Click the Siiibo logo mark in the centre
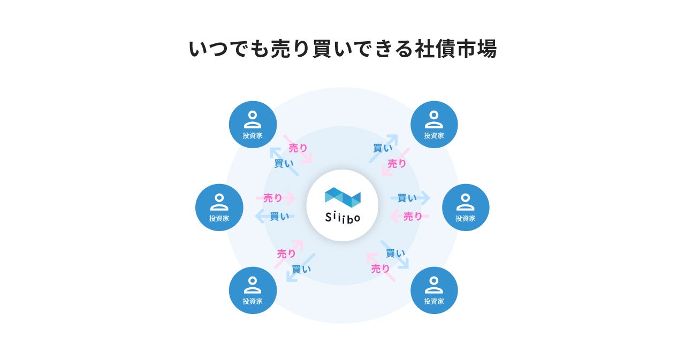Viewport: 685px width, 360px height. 342,197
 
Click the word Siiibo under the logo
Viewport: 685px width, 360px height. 342,218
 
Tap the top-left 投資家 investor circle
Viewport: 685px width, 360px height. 253,125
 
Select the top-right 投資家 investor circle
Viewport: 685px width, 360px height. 434,125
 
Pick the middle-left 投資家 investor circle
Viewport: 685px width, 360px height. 219,208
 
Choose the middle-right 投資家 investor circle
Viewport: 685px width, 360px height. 466,208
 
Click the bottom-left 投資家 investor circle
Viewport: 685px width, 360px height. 253,290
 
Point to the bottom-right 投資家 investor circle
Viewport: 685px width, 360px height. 434,290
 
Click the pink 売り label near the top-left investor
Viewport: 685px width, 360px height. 298,148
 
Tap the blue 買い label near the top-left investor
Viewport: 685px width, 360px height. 284,164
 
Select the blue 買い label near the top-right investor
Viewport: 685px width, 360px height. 383,148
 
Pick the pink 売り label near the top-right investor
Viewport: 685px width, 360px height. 397,164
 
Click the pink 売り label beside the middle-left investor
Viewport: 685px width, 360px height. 273,198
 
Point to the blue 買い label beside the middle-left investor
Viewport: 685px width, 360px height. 279,216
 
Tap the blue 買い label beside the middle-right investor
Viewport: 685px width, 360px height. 407,198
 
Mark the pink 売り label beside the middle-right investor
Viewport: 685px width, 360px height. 413,216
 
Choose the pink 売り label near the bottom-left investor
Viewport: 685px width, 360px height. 287,254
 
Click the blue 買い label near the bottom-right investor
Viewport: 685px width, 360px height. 395,253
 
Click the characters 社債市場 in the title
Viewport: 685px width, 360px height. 455,49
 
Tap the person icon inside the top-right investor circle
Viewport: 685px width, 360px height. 434,119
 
